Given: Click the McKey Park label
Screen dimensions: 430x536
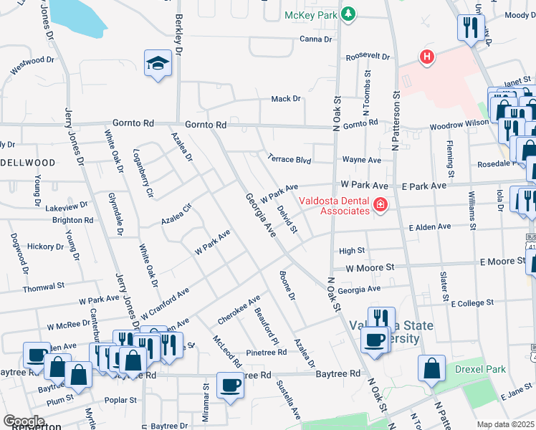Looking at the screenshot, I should click(x=310, y=14).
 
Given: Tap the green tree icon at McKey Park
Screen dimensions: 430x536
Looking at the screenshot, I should click(x=348, y=14).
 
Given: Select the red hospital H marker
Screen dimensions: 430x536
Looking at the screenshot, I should click(x=428, y=57).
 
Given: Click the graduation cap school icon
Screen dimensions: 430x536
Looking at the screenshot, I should click(x=157, y=64).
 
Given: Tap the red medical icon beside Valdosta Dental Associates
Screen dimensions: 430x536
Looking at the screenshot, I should click(x=379, y=206).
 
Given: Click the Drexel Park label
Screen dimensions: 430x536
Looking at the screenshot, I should click(x=480, y=370).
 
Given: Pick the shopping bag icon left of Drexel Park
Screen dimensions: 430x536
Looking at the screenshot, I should click(x=432, y=368).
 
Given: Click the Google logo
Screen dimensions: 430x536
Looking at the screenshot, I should click(x=24, y=421).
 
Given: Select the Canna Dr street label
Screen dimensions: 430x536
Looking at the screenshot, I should click(x=315, y=39).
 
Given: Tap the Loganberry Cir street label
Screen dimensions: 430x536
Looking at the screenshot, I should click(x=144, y=173).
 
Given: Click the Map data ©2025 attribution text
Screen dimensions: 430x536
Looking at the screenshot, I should click(x=506, y=424).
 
